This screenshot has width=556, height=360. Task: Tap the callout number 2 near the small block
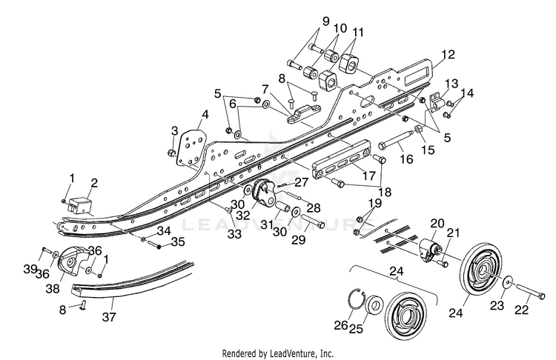tap(95, 182)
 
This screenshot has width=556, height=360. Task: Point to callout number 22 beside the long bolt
tap(522, 310)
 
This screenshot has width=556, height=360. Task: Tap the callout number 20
tap(437, 224)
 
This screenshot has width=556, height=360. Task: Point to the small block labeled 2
tap(81, 204)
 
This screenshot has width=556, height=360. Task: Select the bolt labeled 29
tap(313, 221)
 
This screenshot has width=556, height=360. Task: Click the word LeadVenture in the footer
tap(303, 353)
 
